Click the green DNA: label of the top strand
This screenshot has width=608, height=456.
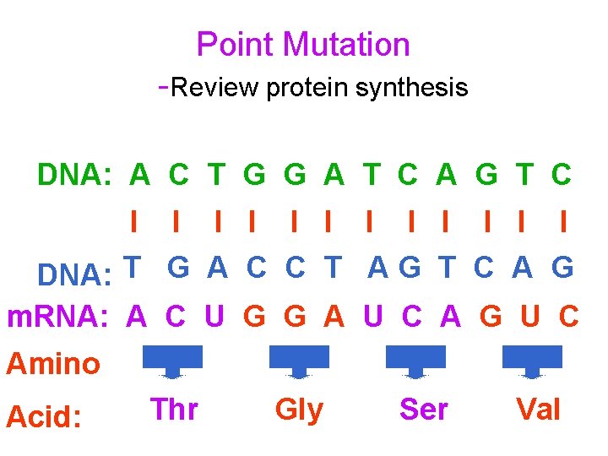[75, 175]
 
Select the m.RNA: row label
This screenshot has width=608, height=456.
[57, 317]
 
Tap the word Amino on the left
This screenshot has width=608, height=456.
[53, 364]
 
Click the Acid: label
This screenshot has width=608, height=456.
[43, 415]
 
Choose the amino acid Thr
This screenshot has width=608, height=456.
[174, 410]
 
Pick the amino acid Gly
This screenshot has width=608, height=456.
[299, 410]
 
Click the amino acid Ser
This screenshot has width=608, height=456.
[423, 410]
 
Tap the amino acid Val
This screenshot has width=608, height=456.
[538, 410]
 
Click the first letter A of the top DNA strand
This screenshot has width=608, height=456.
[139, 175]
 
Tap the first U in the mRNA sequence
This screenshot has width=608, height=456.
[214, 317]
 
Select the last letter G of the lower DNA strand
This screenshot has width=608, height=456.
[562, 267]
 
